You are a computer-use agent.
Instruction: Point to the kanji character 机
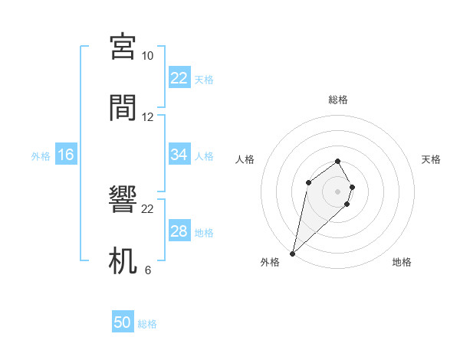[123, 260]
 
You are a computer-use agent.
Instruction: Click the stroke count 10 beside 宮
[147, 56]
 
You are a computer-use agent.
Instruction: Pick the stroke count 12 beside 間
[147, 117]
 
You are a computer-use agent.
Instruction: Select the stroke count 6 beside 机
[147, 270]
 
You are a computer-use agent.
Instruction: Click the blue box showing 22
[179, 77]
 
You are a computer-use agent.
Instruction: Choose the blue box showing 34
[179, 155]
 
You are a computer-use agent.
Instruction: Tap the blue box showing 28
[179, 231]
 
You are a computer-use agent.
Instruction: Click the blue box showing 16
[66, 155]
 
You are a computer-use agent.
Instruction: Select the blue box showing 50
[123, 322]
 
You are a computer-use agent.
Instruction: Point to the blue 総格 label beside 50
[147, 324]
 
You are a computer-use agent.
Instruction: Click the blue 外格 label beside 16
[41, 156]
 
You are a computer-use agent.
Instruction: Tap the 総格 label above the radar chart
[338, 100]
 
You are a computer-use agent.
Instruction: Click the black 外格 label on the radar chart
[269, 262]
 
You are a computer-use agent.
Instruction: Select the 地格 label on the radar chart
[402, 262]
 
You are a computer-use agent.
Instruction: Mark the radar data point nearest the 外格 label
[292, 254]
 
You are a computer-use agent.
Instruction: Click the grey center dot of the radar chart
[338, 191]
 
